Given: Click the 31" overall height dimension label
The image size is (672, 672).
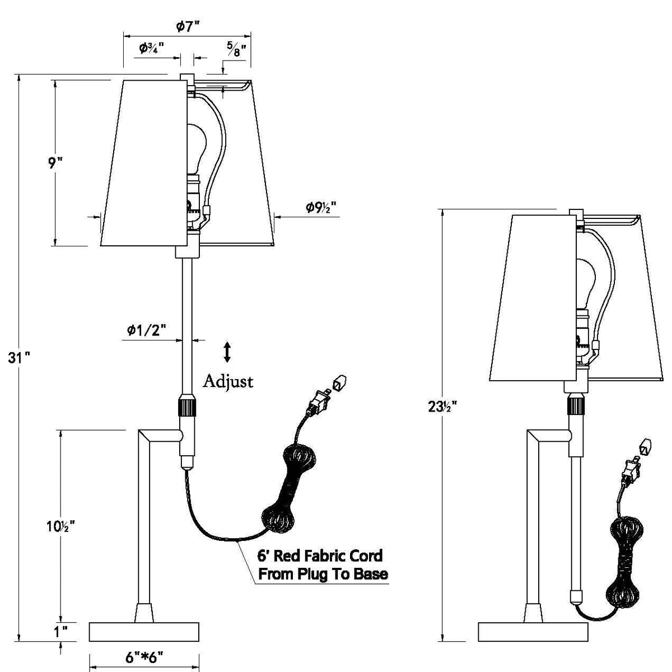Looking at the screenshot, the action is click(19, 357).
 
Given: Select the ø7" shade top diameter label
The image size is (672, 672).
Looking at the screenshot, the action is click(188, 26).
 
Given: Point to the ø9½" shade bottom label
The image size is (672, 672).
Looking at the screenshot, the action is click(321, 208).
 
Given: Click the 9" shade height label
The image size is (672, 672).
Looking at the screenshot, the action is click(55, 163).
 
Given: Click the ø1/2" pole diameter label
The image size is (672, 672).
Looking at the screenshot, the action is click(146, 329).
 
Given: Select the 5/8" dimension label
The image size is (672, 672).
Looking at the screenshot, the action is click(237, 49).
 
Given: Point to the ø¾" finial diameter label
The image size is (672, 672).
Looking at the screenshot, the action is click(152, 48).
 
